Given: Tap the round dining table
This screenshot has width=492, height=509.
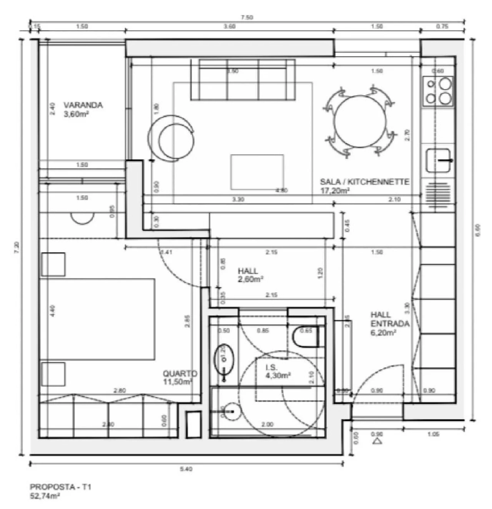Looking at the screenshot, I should tap(360, 121).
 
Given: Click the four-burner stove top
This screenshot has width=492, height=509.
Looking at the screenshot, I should tap(438, 91).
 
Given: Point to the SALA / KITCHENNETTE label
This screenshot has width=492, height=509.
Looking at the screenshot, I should tap(364, 186).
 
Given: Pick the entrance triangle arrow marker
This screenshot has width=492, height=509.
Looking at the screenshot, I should tap(377, 442).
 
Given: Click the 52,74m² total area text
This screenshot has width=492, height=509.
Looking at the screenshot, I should tap(45, 496).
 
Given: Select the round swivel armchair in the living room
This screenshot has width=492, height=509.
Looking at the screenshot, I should tap(171, 138).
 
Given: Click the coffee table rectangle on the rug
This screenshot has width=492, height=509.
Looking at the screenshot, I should tap(257, 172).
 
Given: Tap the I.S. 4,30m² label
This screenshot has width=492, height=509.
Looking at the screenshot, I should tap(278, 372).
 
